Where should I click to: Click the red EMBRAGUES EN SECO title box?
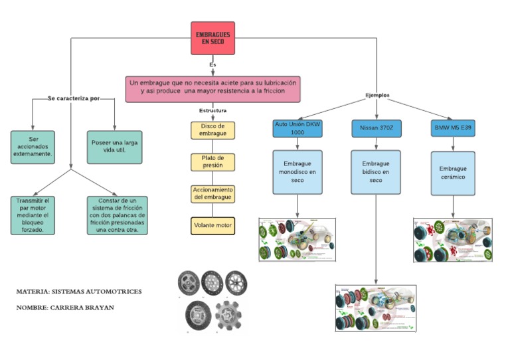point(213,39)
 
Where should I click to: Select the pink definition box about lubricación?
point(212,88)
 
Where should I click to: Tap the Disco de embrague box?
point(212,130)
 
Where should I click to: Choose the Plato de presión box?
point(212,162)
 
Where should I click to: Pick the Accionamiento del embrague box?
point(212,194)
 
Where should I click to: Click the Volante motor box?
point(212,226)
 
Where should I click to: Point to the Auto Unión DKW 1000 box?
point(297,128)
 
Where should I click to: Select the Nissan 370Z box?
point(376,128)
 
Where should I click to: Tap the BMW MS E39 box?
point(454,128)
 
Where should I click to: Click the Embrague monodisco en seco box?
point(297,172)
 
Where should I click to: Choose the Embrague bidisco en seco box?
point(376,172)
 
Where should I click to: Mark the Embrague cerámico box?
point(454,173)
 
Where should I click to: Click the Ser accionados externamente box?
point(33,146)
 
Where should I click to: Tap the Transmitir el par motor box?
point(33,215)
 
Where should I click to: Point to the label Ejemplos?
point(377,95)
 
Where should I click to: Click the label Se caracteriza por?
point(73,98)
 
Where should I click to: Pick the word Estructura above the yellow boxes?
point(212,110)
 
